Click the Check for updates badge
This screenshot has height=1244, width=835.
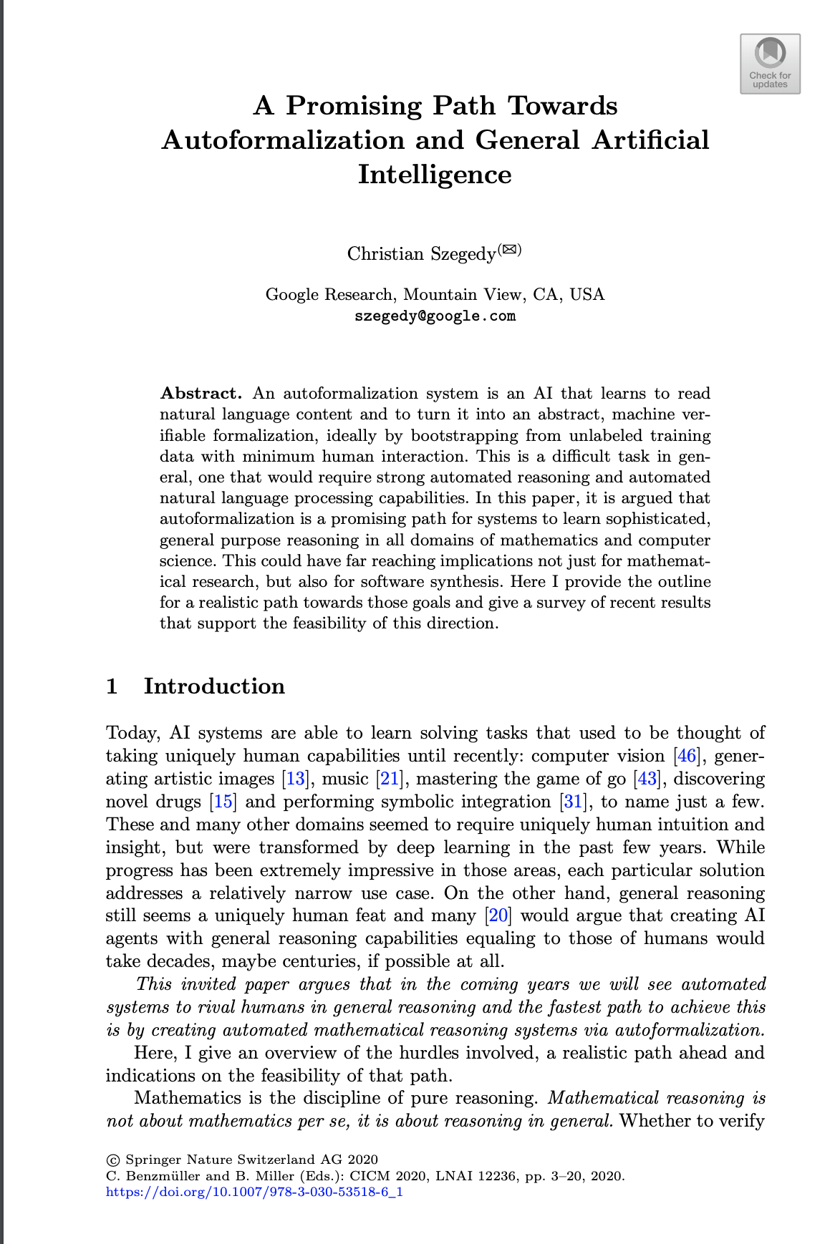[770, 64]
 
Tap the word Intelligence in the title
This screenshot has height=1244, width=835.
[435, 175]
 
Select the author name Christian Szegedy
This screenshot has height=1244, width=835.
[421, 254]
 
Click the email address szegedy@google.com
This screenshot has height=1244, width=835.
[435, 316]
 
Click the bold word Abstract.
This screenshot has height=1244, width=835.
[201, 394]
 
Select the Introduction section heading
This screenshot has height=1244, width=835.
[214, 686]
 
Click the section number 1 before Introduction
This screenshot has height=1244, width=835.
[112, 686]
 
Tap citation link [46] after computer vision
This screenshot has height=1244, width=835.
[687, 756]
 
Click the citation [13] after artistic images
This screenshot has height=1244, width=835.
[296, 779]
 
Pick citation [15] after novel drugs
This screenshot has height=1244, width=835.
[223, 802]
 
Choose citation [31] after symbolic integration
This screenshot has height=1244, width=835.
[573, 802]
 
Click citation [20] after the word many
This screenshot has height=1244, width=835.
[498, 915]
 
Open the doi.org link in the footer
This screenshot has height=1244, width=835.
[254, 1192]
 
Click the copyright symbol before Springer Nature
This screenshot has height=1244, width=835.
[112, 1160]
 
